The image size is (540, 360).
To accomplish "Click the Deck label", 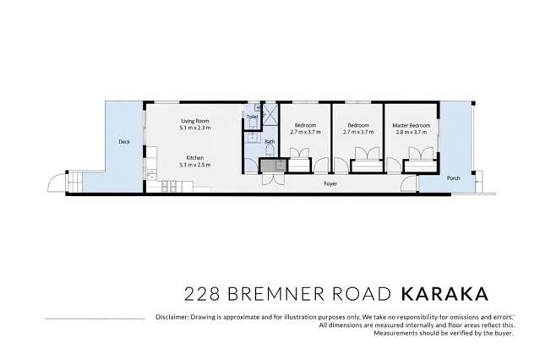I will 124,142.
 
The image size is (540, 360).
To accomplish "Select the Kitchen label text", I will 194,157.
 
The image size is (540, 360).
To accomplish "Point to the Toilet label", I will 252,117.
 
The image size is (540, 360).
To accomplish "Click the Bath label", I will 270,141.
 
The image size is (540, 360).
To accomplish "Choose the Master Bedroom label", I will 412,125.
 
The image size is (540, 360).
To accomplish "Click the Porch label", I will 453,177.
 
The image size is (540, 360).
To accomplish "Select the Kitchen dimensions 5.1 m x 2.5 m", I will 194,165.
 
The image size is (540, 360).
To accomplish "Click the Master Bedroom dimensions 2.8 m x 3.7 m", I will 412,133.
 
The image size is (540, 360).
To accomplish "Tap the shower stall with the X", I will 270,115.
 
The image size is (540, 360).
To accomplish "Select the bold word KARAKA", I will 445,293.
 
